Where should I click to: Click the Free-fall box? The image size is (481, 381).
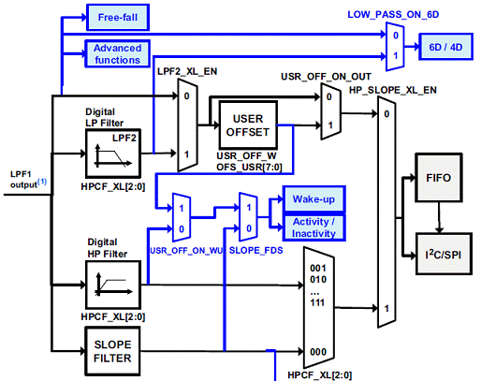[x=118, y=18]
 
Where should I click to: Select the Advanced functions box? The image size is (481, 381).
[x=118, y=53]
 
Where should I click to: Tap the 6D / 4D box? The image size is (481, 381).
[x=445, y=47]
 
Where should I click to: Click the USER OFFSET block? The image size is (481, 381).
[x=248, y=125]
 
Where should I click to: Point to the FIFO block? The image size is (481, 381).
[x=439, y=178]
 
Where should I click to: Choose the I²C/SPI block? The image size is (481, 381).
[x=444, y=254]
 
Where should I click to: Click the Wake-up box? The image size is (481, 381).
[x=313, y=199]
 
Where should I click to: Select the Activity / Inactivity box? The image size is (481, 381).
[x=313, y=227]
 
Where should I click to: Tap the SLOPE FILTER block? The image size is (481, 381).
[x=112, y=351]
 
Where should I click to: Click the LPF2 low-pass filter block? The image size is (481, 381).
[x=113, y=154]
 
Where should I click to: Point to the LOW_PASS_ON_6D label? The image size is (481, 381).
[x=393, y=15]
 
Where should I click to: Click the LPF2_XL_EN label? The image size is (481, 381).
[x=187, y=71]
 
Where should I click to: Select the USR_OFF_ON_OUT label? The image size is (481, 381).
[x=326, y=77]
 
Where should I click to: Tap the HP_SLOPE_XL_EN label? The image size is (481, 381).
[x=393, y=90]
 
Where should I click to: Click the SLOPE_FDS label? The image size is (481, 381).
[x=256, y=250]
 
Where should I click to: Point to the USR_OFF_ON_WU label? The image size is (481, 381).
[x=186, y=251]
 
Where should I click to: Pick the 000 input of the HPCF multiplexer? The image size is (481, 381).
[x=318, y=352]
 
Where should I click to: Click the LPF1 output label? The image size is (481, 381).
[x=28, y=180]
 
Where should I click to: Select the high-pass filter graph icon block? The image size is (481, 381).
[x=113, y=285]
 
